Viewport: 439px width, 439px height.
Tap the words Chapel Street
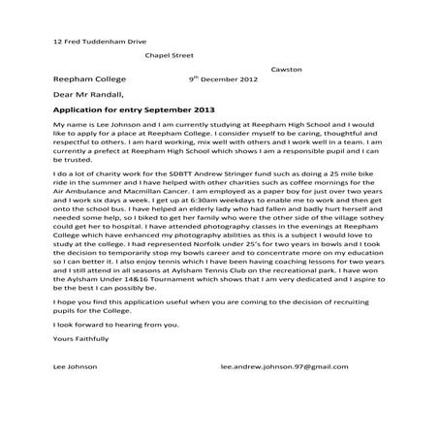[171, 56]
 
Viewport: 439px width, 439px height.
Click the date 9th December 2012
[225, 81]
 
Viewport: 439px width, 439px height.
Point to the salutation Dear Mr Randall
[89, 97]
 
